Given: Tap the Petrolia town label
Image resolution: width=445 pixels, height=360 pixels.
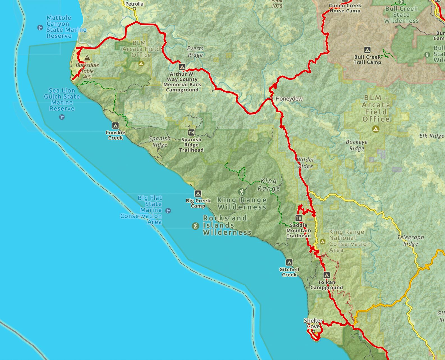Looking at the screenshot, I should pos(134,4).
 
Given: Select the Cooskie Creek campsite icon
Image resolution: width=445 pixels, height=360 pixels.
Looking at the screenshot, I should pos(115,125).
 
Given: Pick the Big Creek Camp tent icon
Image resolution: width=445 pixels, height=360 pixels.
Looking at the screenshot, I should pos(198,193).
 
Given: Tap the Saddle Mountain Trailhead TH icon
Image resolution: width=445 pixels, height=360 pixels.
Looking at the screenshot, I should pos(298,218).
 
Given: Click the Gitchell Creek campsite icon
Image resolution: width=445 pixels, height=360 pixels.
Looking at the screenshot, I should pos(289,263).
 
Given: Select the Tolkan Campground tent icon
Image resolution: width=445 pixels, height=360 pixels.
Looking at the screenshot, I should pos(326,275).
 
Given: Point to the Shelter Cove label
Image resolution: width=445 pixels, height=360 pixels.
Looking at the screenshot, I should pos(313,323).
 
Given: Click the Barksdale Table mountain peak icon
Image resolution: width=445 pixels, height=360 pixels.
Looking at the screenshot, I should pos(87,58).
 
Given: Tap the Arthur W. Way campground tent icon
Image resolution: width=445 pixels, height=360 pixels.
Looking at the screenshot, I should pos(182,67).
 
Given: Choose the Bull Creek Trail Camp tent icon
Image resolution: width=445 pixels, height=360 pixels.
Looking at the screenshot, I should pos(367,50).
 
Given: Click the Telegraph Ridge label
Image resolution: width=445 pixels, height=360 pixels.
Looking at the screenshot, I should pos(410,240).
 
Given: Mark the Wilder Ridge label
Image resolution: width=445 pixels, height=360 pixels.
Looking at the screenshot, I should pos(306,163).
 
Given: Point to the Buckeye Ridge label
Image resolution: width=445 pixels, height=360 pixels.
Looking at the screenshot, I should pos(357,145).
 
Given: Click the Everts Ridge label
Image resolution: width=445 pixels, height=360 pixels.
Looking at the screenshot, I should pos(195,52).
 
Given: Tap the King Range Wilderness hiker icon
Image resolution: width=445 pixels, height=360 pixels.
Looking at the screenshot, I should pos(241,192).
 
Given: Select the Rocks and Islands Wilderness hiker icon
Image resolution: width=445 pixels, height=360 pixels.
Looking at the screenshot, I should pos(196,226).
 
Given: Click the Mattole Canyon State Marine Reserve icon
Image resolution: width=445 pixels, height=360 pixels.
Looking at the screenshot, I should pos(40,28).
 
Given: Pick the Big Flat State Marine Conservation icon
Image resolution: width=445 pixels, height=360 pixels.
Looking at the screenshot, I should pos(168,210).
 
